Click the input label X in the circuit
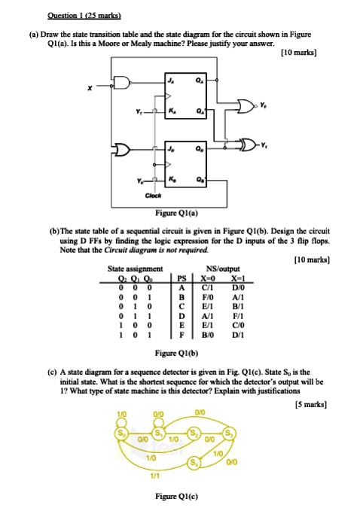(88, 88)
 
